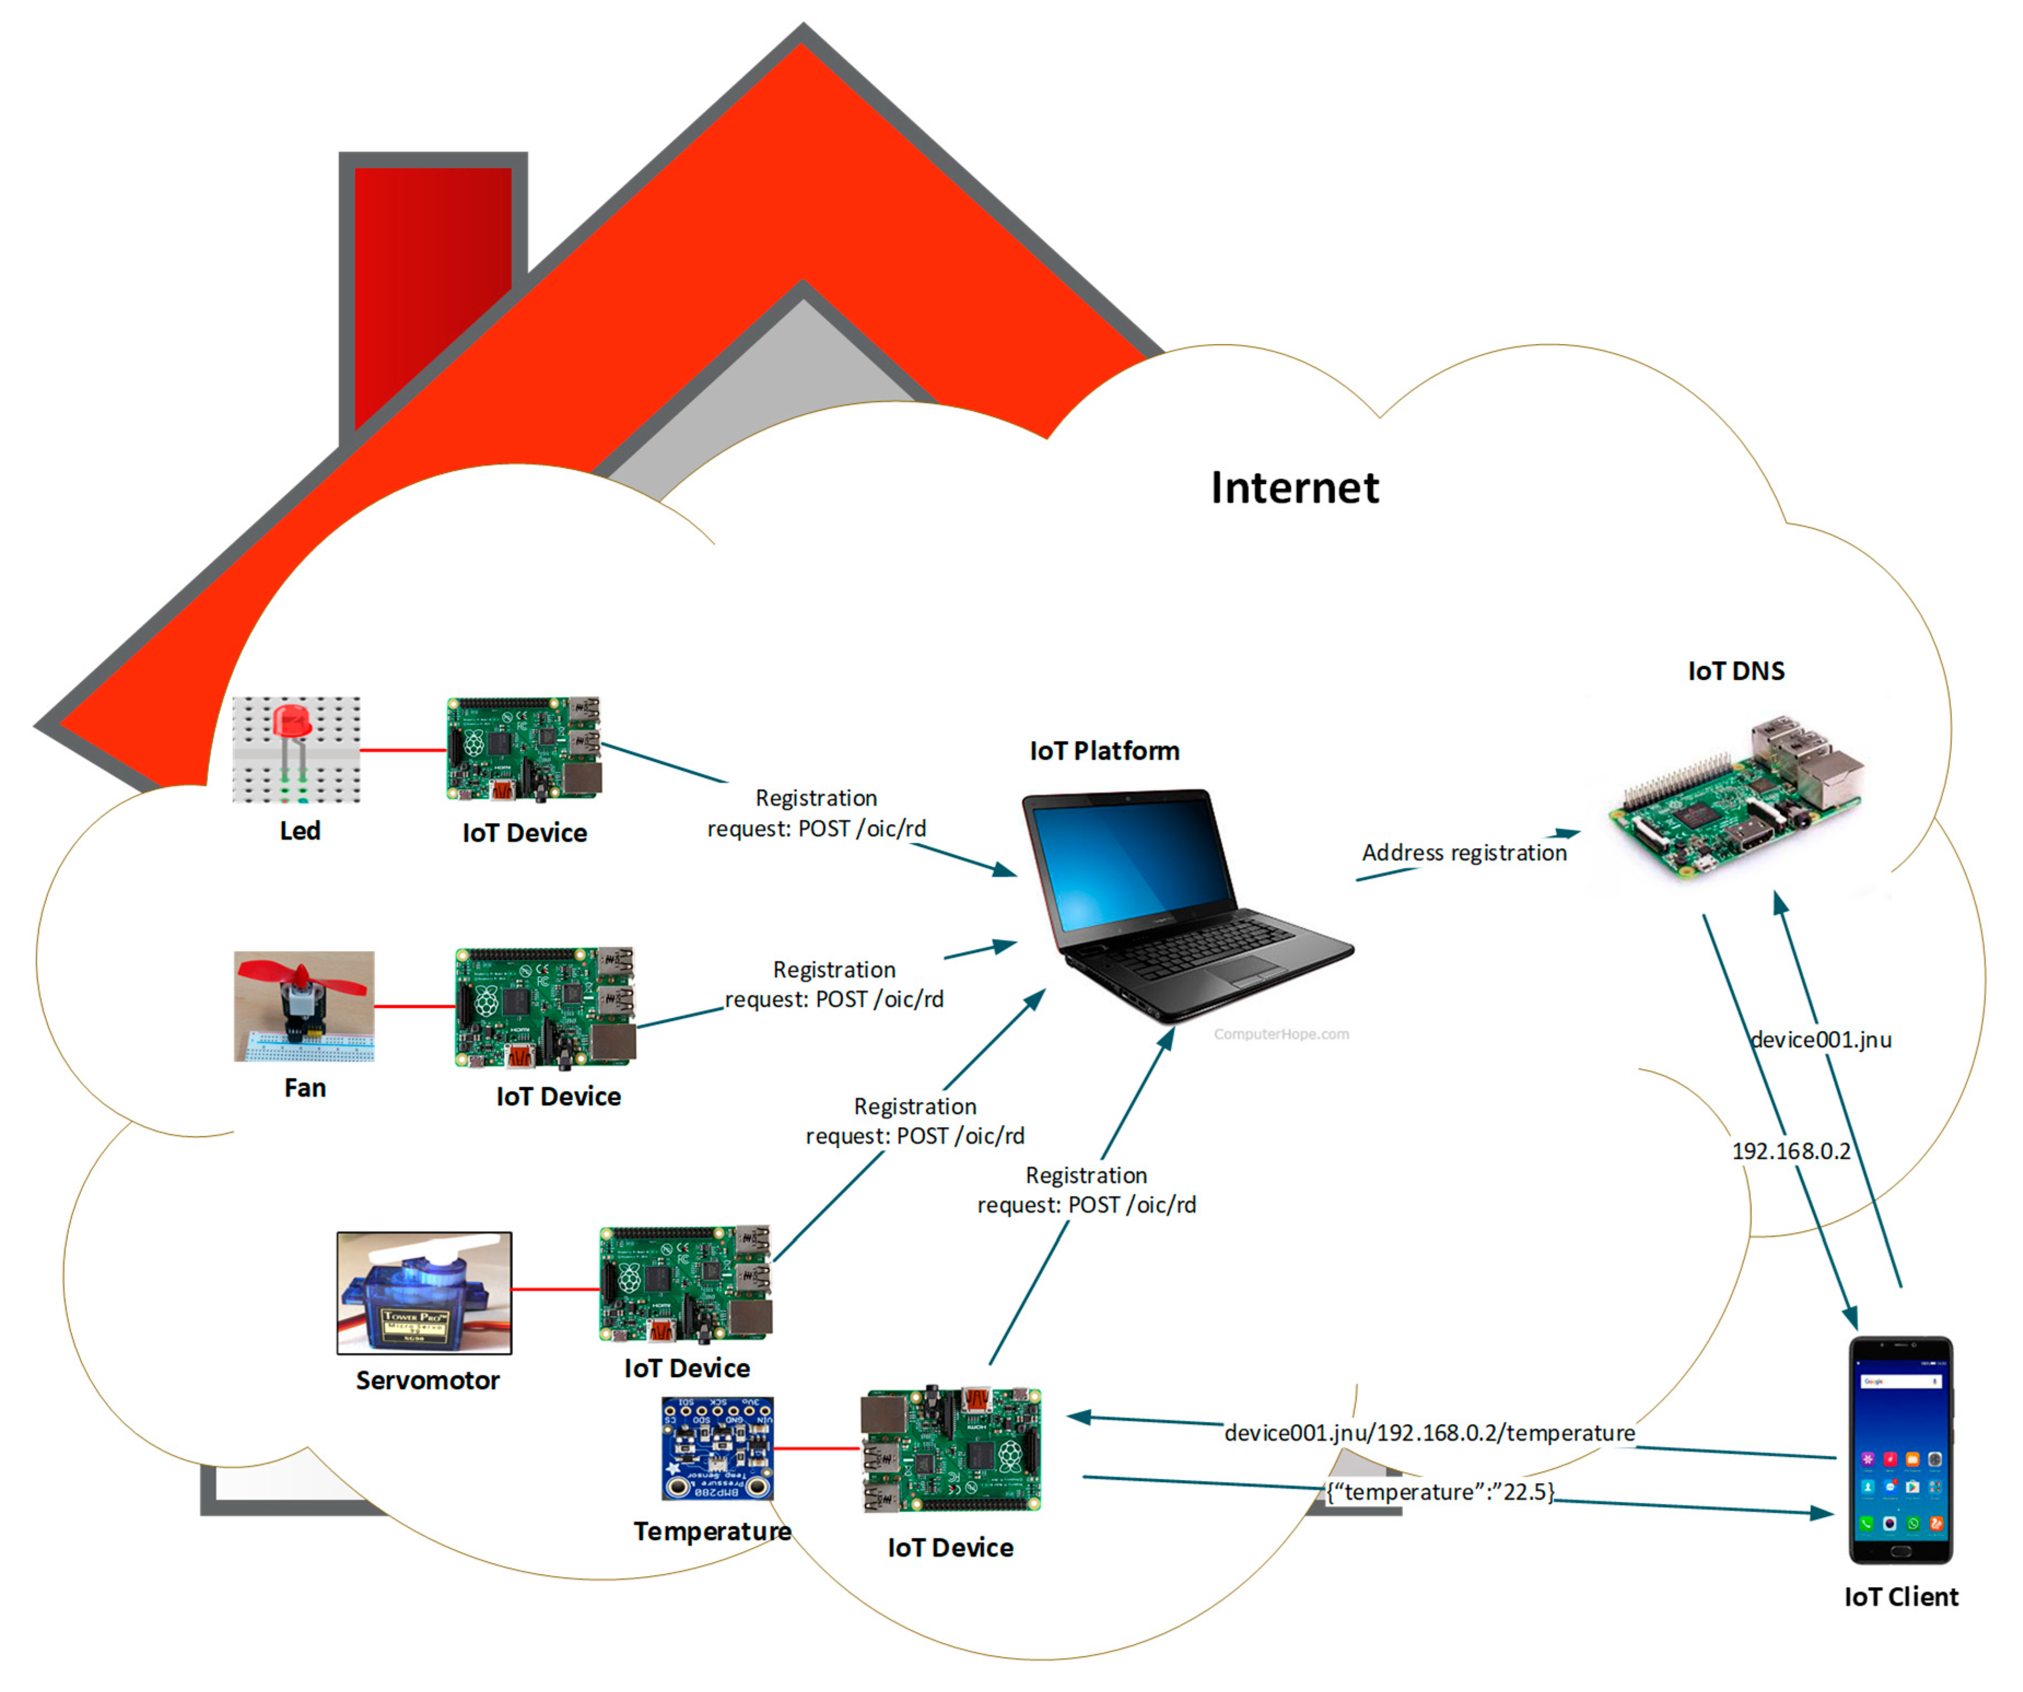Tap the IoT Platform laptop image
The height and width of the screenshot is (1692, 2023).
tap(1175, 906)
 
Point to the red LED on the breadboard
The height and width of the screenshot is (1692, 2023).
tap(291, 722)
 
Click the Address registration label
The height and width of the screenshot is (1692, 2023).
tap(1463, 853)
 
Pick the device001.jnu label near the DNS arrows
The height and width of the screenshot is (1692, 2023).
tap(1821, 1040)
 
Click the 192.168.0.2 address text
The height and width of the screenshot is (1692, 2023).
tap(1791, 1152)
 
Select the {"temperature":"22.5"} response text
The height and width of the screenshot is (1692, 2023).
tap(1440, 1492)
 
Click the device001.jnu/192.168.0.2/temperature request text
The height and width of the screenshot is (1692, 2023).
tap(1429, 1433)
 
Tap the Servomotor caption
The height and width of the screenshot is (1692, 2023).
tap(427, 1381)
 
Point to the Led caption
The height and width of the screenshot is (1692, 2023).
tap(300, 831)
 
